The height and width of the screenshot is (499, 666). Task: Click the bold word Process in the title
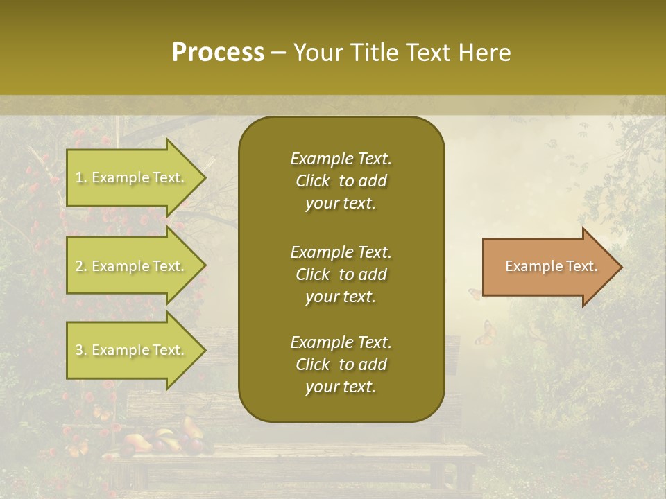tap(218, 53)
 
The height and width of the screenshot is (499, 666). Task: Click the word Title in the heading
tap(372, 53)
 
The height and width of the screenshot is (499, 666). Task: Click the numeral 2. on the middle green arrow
tap(81, 266)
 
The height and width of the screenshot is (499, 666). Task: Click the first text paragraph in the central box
tap(341, 181)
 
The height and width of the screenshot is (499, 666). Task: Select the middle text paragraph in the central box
tap(341, 274)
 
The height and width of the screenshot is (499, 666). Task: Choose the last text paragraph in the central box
tap(341, 365)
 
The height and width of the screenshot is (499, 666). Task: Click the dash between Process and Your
tap(278, 53)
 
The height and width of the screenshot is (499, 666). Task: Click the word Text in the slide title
tap(428, 53)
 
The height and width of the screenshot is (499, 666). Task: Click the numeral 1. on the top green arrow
tap(81, 177)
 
